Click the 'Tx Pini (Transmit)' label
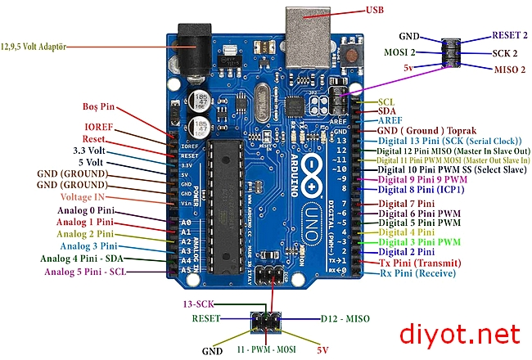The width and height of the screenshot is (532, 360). point(418,263)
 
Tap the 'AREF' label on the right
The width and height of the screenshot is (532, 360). point(390,120)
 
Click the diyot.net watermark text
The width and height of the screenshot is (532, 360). point(458,333)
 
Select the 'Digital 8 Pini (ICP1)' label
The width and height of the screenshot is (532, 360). point(422,189)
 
